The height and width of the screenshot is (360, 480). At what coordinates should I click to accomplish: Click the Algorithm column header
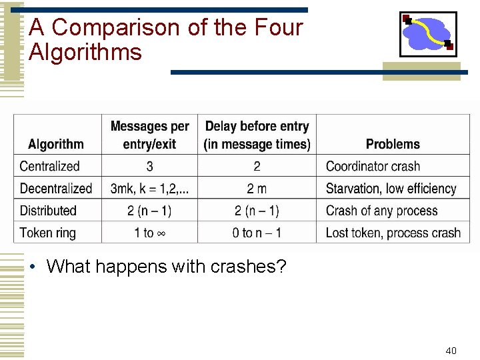[56, 144]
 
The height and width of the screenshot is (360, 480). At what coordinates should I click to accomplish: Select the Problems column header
[393, 144]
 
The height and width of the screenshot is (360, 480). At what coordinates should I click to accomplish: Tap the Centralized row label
[49, 167]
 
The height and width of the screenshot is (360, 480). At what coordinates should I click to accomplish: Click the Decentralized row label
[56, 189]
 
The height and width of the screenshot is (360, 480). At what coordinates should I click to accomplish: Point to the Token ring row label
[48, 233]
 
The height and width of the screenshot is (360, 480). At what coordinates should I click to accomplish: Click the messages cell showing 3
[149, 167]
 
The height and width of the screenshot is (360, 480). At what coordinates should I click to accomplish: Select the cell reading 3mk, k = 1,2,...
[149, 189]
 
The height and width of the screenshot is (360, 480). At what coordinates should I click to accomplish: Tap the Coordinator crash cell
[373, 167]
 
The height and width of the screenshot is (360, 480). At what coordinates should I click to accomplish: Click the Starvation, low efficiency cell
[391, 189]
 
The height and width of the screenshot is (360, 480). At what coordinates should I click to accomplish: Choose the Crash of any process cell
[381, 211]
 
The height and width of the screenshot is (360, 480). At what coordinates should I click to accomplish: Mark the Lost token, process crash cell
[393, 233]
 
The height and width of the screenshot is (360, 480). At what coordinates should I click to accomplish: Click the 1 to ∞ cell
[149, 233]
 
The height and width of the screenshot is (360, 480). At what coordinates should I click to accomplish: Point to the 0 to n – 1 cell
[257, 233]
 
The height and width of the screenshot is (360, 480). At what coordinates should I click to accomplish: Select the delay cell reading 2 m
[257, 189]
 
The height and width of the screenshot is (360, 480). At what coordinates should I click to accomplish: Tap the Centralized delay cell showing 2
[257, 167]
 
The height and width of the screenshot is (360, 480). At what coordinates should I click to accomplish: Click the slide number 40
[451, 351]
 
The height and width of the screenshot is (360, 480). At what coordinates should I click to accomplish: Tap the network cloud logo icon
[427, 34]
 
